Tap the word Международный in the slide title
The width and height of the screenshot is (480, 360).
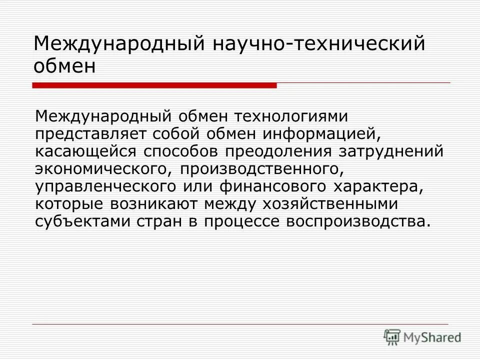pos(117,43)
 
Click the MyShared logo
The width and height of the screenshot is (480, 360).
pos(422,337)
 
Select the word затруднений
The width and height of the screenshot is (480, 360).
pos(393,151)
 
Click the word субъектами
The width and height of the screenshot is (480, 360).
pos(81,222)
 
